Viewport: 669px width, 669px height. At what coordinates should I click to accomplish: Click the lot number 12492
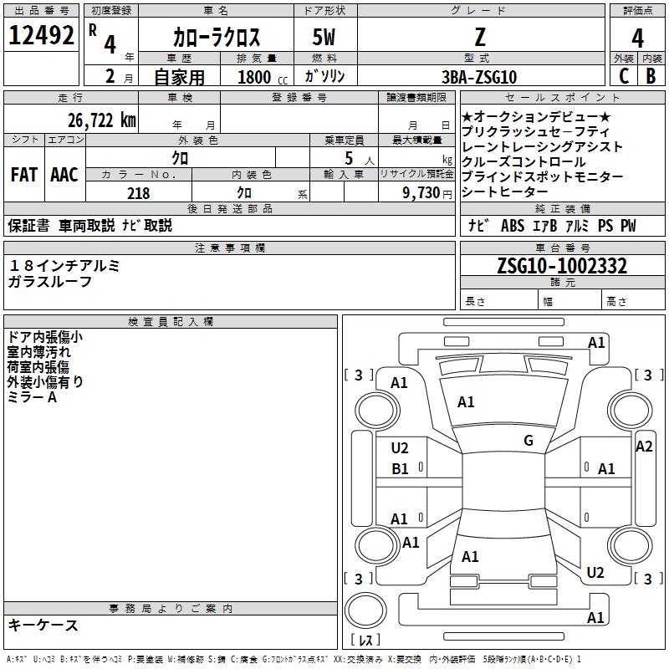[43, 36]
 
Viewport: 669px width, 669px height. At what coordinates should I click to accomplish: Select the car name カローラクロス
[217, 37]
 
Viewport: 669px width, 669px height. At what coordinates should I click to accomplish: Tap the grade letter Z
[479, 37]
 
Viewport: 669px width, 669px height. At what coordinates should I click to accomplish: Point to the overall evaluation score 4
[637, 38]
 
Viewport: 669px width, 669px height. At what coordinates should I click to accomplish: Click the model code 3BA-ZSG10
[479, 77]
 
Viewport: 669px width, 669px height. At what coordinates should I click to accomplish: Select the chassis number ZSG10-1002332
[561, 266]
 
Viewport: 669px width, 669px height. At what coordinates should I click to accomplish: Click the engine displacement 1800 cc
[260, 77]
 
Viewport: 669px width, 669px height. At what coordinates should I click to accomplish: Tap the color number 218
[138, 193]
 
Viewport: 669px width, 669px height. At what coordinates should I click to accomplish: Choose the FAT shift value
[23, 175]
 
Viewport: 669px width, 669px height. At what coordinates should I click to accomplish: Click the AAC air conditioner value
[64, 175]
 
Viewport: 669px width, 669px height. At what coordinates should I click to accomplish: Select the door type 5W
[325, 37]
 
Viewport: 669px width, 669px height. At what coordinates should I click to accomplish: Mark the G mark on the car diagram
[528, 441]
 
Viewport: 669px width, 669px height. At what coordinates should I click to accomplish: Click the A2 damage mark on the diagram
[644, 447]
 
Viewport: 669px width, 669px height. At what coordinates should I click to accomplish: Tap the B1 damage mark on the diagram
[401, 469]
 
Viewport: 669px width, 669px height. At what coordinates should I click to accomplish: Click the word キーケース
[43, 626]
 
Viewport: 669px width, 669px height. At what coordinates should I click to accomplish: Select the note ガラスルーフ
[50, 282]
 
